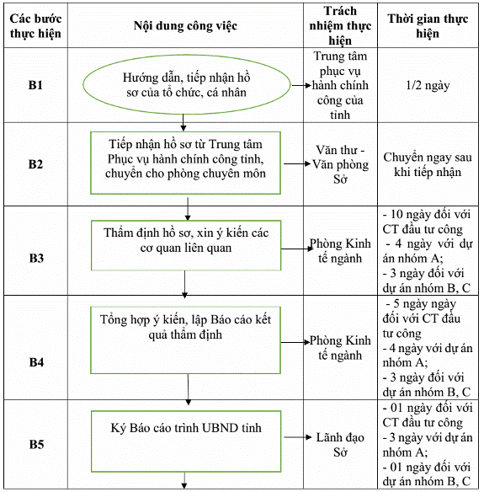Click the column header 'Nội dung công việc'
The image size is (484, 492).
(185, 26)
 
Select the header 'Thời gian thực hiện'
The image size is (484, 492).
(428, 26)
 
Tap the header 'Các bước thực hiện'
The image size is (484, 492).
(35, 26)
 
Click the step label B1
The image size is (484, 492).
(35, 85)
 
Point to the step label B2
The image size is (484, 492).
(35, 164)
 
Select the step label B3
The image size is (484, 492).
(36, 258)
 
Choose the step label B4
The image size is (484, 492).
(36, 362)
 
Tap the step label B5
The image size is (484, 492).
(36, 444)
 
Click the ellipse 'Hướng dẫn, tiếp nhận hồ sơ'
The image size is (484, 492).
(187, 84)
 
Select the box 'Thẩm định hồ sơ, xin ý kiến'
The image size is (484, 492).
(186, 245)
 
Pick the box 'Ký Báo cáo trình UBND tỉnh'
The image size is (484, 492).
(186, 441)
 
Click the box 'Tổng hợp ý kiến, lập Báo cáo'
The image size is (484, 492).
(185, 340)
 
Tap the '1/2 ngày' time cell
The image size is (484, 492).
(428, 85)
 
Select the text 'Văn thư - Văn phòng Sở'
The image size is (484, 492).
(340, 164)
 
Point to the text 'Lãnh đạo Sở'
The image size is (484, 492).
(340, 445)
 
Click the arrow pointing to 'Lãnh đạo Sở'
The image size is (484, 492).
(298, 437)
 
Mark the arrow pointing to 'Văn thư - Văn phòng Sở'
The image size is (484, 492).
(297, 163)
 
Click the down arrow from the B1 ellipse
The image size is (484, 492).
(183, 123)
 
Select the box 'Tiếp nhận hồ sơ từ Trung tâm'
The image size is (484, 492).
(185, 163)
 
